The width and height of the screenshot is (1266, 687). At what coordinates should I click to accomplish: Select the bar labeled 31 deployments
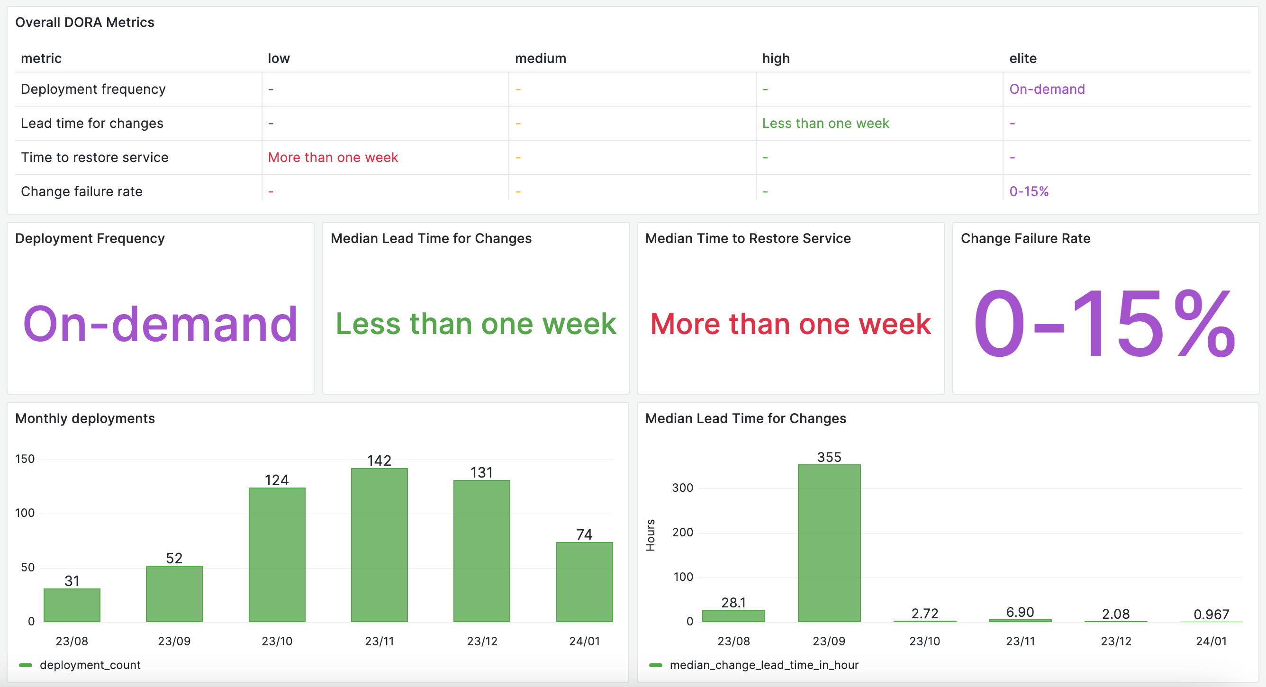pyautogui.click(x=72, y=605)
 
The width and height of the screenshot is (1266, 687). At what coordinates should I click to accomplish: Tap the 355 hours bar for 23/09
pyautogui.click(x=829, y=542)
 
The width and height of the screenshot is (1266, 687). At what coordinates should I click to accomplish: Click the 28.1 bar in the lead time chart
pyautogui.click(x=733, y=615)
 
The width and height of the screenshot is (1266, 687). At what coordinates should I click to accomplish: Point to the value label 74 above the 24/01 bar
pyautogui.click(x=584, y=534)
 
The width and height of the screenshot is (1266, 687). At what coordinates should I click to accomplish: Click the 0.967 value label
pyautogui.click(x=1211, y=614)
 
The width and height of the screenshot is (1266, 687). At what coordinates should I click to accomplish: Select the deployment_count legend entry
pyautogui.click(x=90, y=665)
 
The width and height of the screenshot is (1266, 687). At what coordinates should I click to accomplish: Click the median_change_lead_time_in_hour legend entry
pyautogui.click(x=763, y=665)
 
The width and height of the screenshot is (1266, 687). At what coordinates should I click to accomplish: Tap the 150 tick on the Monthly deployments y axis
pyautogui.click(x=25, y=459)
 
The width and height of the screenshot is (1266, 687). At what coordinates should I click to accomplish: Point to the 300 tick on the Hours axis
pyautogui.click(x=682, y=488)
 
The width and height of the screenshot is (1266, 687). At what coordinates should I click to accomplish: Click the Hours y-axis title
pyautogui.click(x=650, y=535)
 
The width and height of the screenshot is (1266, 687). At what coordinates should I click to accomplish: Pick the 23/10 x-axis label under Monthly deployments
pyautogui.click(x=277, y=641)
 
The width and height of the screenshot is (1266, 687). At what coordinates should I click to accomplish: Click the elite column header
pyautogui.click(x=1023, y=58)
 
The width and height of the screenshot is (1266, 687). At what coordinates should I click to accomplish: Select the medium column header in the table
pyautogui.click(x=540, y=58)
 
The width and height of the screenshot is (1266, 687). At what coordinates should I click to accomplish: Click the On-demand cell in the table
pyautogui.click(x=1047, y=89)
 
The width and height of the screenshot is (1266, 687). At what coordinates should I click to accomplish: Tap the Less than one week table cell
pyautogui.click(x=825, y=123)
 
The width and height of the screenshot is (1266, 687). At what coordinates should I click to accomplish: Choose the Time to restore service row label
pyautogui.click(x=94, y=157)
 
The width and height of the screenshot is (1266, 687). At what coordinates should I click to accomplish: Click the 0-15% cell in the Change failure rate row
pyautogui.click(x=1029, y=191)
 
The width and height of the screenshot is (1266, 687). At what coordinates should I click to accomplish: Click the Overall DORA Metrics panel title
pyautogui.click(x=84, y=22)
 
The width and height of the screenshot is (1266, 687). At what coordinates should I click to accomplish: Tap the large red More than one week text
pyautogui.click(x=790, y=324)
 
